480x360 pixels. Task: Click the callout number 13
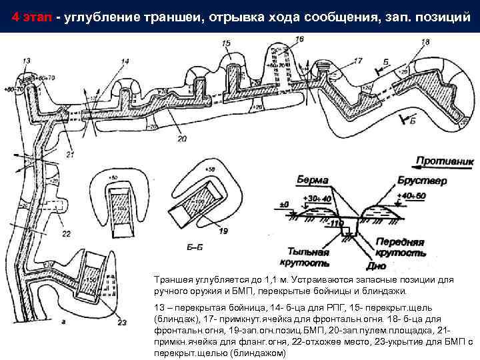(26, 61)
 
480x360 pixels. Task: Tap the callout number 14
(125, 62)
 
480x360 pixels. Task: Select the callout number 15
(226, 43)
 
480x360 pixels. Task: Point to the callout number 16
(299, 40)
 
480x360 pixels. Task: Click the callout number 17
(358, 61)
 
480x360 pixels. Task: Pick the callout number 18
(425, 43)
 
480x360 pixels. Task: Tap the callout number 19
(223, 231)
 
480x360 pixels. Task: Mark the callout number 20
(183, 139)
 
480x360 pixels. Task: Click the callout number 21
(71, 155)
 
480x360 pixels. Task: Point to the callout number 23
(121, 323)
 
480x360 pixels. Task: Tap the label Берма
(313, 180)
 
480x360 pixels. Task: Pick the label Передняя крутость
(400, 247)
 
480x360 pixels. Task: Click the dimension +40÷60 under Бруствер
(411, 195)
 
